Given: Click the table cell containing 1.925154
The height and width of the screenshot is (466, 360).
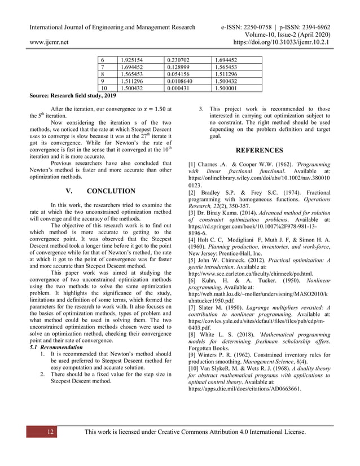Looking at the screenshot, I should pos(134,59).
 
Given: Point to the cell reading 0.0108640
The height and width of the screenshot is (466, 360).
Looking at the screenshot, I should pos(183,81).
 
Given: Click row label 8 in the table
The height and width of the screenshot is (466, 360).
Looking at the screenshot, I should pos(102,73).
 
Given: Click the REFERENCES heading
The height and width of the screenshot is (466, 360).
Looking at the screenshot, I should pos(259,151).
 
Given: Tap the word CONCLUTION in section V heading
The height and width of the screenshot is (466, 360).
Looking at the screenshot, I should pos(111,191).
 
